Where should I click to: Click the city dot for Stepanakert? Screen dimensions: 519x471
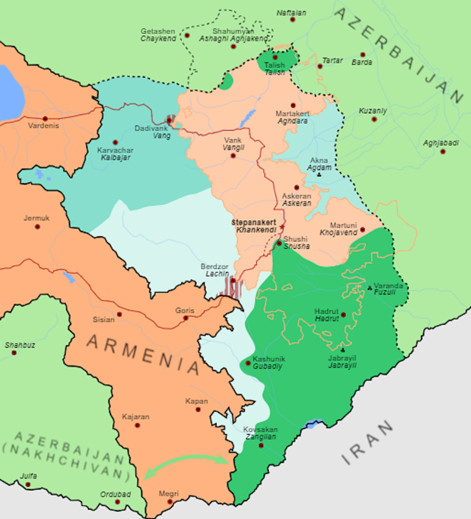pos(282,226)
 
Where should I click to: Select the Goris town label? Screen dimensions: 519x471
pos(185,310)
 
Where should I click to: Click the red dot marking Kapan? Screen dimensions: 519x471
pos(198,410)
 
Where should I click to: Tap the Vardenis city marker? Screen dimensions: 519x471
pos(45,118)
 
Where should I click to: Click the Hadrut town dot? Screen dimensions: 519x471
pos(343,313)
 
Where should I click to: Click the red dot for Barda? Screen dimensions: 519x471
pos(362,54)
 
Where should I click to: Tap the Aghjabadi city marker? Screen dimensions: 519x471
pos(442,151)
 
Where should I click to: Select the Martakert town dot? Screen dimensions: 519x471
pos(293,105)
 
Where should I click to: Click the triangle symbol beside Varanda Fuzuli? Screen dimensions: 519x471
pos(370,288)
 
